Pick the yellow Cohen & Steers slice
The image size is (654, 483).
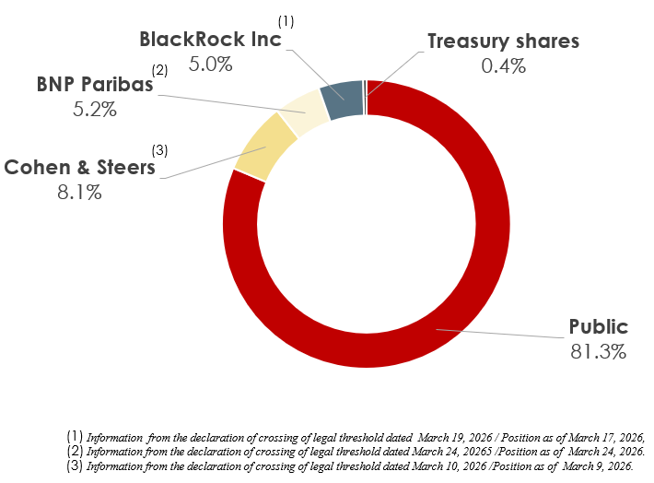(x=265, y=147)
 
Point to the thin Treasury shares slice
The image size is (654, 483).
(x=366, y=97)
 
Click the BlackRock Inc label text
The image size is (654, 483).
(x=210, y=40)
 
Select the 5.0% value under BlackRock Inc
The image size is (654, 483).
(x=210, y=65)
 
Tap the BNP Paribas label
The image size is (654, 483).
(x=95, y=84)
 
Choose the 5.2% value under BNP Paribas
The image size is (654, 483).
(x=95, y=110)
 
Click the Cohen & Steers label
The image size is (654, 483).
(x=79, y=168)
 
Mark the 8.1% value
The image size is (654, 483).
(x=79, y=193)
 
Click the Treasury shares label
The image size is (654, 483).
(x=504, y=41)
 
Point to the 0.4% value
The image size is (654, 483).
(x=504, y=66)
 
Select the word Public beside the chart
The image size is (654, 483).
(x=599, y=327)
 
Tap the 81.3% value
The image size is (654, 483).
(x=599, y=351)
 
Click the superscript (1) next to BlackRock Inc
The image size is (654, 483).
(x=286, y=21)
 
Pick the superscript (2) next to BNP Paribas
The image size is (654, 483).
(x=159, y=70)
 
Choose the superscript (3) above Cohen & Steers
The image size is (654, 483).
(x=159, y=150)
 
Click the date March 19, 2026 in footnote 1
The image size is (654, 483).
(x=455, y=438)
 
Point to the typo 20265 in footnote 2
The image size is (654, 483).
(x=479, y=452)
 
